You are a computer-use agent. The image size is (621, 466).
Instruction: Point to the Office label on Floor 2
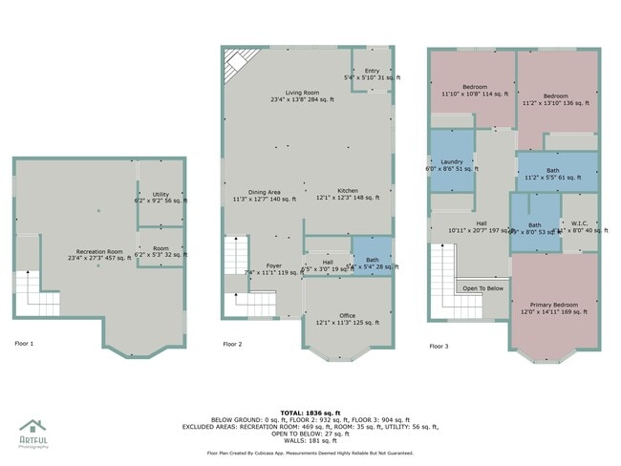click(x=347, y=319)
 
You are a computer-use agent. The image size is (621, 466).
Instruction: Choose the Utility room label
click(x=161, y=197)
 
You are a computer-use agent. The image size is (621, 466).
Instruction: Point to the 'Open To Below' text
click(x=483, y=287)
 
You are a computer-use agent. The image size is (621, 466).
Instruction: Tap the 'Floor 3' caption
click(x=439, y=346)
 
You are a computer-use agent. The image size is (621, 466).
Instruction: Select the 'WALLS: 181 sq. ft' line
click(x=310, y=440)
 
